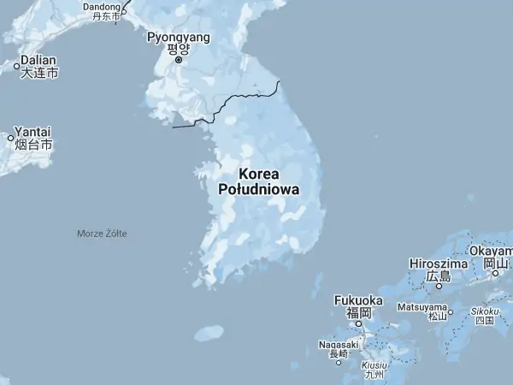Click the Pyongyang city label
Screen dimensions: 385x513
pos(179,38)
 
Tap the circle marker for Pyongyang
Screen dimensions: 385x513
pos(179,60)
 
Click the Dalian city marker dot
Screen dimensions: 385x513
pos(17,65)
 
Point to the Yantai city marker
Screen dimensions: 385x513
pos(11,137)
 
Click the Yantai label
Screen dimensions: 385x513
pos(33,131)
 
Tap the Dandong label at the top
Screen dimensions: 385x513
pos(102,7)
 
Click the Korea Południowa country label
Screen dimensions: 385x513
pos(259,181)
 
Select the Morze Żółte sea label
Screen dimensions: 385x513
pos(102,234)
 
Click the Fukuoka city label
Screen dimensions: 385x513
pos(358,300)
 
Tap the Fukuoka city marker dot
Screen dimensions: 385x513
pos(359,323)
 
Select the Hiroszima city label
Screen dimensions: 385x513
pos(439,264)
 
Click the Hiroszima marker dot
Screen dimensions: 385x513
pos(439,287)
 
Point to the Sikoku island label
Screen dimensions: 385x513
pos(485,312)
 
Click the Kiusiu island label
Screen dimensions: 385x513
pos(374,365)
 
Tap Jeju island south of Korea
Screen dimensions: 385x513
pos(209,333)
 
